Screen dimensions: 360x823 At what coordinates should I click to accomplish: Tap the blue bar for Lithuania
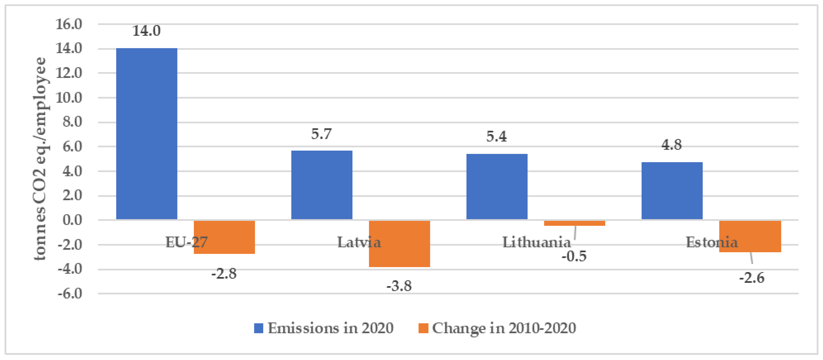[x=497, y=187]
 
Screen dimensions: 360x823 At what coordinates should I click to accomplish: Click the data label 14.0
[x=146, y=31]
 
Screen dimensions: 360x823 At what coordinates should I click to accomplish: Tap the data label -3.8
[x=399, y=286]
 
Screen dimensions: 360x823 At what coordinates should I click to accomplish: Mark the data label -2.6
[x=751, y=278]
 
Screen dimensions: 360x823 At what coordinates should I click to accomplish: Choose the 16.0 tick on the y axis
[x=69, y=24]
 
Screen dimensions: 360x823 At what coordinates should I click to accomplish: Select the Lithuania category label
[x=536, y=242]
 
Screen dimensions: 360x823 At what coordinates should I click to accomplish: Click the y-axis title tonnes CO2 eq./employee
[x=41, y=159]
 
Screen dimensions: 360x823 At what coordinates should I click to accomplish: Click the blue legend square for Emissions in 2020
[x=259, y=328]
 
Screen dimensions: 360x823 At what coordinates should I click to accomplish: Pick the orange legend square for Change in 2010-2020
[x=423, y=328]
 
